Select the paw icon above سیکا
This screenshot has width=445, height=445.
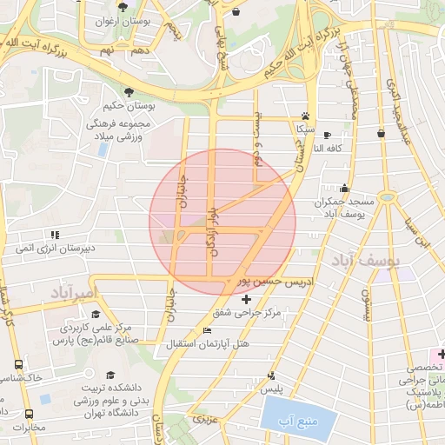click(305, 116)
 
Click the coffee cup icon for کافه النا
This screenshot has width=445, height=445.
click(327, 135)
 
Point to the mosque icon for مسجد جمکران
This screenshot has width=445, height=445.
click(345, 188)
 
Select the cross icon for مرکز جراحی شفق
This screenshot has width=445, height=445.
click(246, 299)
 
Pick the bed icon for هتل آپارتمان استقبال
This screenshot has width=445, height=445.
click(207, 330)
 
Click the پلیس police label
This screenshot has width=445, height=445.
click(272, 389)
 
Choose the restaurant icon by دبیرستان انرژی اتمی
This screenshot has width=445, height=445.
click(55, 234)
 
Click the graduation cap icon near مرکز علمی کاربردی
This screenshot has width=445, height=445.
click(95, 315)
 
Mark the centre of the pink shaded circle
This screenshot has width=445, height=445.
click(222, 222)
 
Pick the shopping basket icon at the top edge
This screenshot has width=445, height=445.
click(238, 12)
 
